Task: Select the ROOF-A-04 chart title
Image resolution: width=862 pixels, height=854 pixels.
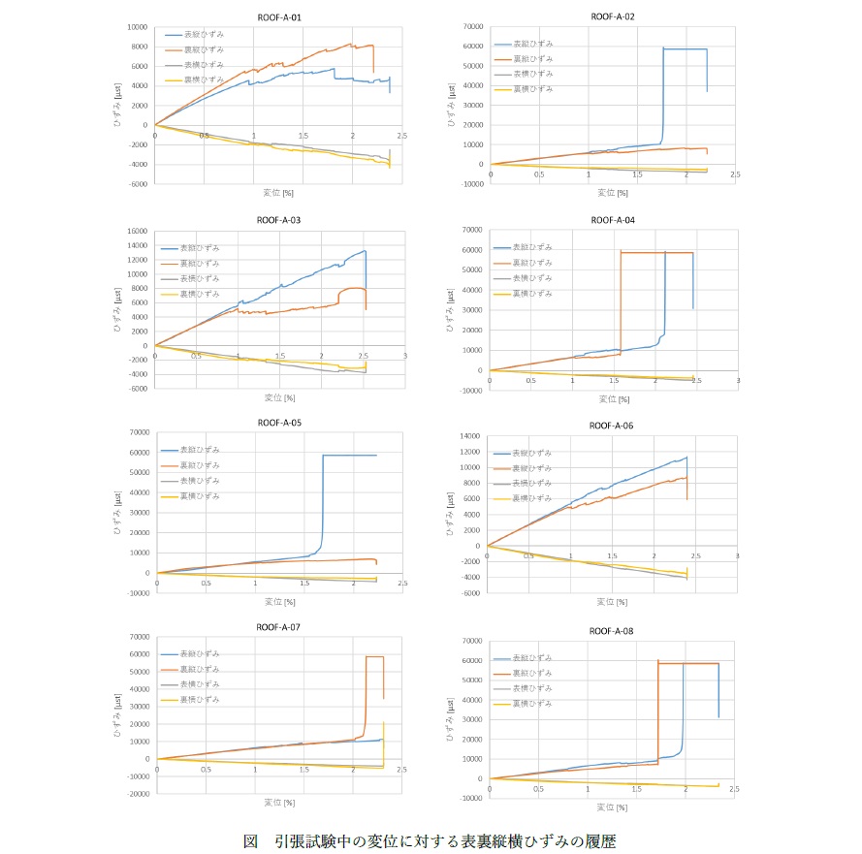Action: [x=613, y=220]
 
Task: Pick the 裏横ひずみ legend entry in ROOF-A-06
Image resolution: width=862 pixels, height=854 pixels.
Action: [x=533, y=498]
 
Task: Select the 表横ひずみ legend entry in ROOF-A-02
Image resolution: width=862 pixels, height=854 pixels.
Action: [x=533, y=74]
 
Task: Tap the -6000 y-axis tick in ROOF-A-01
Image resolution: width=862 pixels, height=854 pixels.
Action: [x=140, y=183]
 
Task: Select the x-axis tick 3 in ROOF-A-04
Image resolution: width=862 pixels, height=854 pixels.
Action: [x=737, y=382]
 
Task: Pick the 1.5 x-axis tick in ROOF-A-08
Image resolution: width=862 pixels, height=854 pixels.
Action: [x=637, y=790]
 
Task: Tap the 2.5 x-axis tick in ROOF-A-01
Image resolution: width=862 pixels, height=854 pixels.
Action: [x=400, y=136]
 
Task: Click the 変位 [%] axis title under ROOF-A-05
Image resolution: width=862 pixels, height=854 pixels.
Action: [x=279, y=601]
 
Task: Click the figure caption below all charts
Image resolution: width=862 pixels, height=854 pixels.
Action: [x=430, y=839]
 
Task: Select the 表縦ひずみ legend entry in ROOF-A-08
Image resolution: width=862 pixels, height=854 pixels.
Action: [x=533, y=658]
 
